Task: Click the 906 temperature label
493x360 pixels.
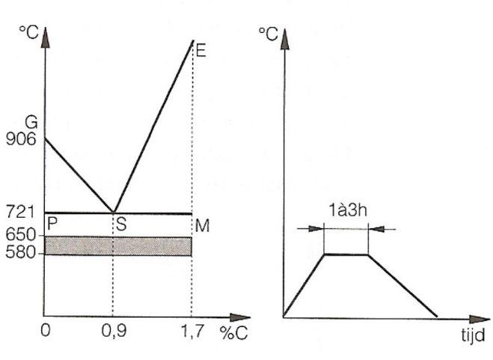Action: click(21, 138)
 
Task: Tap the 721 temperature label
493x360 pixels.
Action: click(20, 212)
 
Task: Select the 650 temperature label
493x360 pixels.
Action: click(21, 234)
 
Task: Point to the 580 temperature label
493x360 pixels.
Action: click(21, 252)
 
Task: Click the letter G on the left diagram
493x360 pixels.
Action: click(31, 122)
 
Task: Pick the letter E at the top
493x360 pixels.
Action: click(200, 50)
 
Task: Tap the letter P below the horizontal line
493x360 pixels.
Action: click(52, 224)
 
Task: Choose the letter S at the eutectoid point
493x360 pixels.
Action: click(121, 225)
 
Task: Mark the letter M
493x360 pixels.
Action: click(202, 225)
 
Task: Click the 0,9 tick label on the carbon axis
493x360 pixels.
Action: click(114, 331)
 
